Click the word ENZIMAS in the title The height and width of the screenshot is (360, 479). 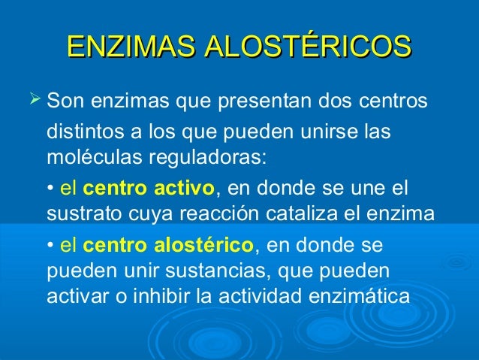click(x=121, y=46)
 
